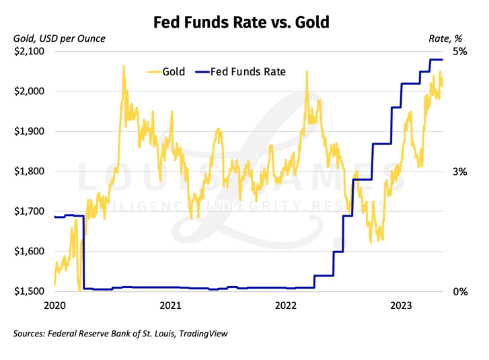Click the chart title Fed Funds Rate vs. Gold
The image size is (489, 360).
(241, 23)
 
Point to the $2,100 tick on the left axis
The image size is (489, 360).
(30, 51)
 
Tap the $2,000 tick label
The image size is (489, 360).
(30, 92)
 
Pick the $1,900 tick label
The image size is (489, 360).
(30, 131)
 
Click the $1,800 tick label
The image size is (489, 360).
(30, 172)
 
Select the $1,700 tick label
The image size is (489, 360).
(30, 211)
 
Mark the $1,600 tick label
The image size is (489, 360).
(30, 252)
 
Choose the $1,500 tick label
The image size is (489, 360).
(30, 291)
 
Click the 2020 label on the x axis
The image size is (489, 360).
(54, 307)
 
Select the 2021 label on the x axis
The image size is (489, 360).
(171, 307)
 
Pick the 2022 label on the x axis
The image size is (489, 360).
(287, 307)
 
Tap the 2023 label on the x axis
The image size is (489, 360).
(402, 307)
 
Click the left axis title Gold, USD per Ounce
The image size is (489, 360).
(60, 38)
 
